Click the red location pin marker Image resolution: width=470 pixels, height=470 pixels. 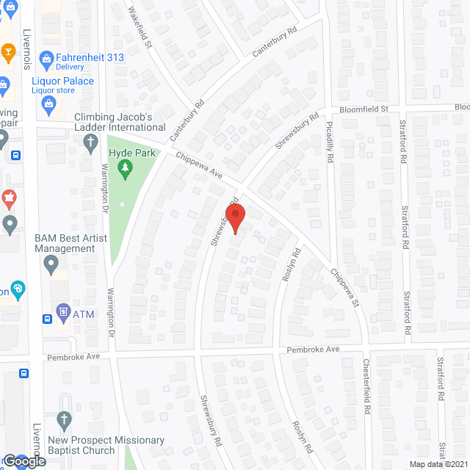click(234, 219)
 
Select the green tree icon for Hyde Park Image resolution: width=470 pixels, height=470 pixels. click(126, 169)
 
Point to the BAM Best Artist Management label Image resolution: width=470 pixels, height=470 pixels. click(65, 243)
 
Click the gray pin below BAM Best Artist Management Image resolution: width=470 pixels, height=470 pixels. click(51, 263)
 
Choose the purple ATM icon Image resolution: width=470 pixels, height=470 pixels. click(62, 312)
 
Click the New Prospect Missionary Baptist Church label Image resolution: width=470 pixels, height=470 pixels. click(106, 445)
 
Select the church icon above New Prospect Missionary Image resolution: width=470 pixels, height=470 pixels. click(64, 421)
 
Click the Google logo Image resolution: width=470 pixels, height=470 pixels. click(23, 461)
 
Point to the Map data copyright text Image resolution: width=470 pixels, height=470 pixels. click(437, 464)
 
